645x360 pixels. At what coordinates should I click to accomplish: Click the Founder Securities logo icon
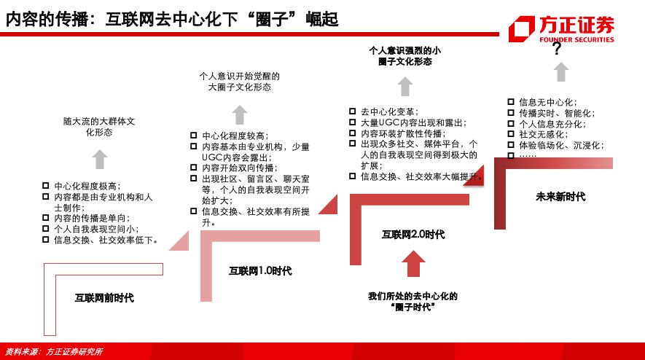point(522,29)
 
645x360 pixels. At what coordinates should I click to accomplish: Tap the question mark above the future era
point(557,49)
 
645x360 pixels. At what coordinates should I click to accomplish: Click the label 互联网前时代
point(104,298)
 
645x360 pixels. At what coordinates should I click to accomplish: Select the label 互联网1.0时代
point(260,270)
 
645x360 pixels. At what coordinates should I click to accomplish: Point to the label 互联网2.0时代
point(413,235)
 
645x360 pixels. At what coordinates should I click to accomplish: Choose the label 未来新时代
point(560,197)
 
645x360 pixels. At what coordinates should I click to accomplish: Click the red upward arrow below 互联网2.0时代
point(413,264)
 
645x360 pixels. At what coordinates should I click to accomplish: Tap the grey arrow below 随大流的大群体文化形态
point(100,159)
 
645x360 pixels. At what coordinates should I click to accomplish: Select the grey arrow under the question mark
point(561,72)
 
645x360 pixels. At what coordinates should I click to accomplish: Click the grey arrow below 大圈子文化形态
point(239,115)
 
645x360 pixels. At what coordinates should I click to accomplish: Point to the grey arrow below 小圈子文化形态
point(405,87)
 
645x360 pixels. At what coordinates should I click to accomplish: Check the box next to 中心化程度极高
point(46,186)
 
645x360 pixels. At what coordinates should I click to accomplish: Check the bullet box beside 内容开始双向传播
point(193,168)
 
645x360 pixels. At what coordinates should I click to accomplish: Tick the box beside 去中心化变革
point(352,111)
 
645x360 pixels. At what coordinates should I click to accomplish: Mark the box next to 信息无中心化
point(510,102)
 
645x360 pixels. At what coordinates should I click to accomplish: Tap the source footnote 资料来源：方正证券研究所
point(53,352)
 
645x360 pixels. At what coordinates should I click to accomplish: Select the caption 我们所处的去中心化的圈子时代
point(413,302)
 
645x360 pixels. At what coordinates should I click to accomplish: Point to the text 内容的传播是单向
point(92,218)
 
